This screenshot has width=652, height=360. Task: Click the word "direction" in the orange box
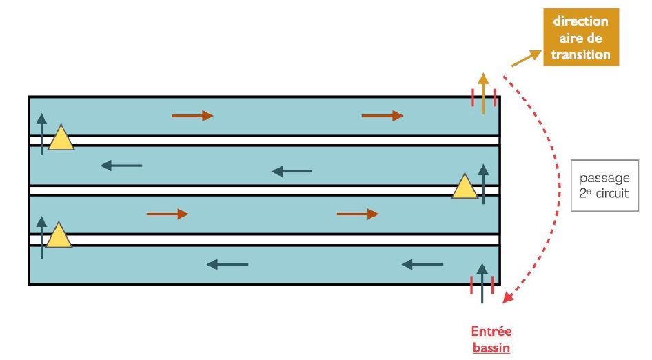click(581, 21)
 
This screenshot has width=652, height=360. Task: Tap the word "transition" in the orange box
click(581, 54)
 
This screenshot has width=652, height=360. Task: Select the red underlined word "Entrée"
click(491, 332)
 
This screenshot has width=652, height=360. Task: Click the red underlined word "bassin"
click(491, 348)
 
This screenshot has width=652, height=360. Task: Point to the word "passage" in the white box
click(604, 178)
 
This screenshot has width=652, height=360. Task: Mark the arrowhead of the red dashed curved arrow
click(507, 297)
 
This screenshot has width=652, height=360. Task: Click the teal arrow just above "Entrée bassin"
click(482, 283)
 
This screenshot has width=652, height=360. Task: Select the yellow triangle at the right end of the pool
click(465, 186)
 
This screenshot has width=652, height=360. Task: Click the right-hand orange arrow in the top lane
click(383, 116)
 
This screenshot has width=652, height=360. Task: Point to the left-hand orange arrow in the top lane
click(192, 115)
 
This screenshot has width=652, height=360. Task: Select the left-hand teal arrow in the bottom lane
click(227, 263)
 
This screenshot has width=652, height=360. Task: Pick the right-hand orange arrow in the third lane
click(358, 214)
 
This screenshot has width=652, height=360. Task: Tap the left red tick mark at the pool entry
click(471, 286)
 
